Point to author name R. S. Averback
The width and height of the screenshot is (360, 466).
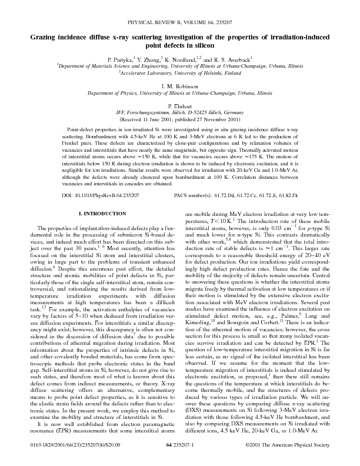231,60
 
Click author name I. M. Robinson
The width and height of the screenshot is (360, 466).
180,86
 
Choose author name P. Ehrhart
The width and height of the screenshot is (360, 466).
180,105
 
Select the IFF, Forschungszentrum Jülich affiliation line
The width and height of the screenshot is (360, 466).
180,112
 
